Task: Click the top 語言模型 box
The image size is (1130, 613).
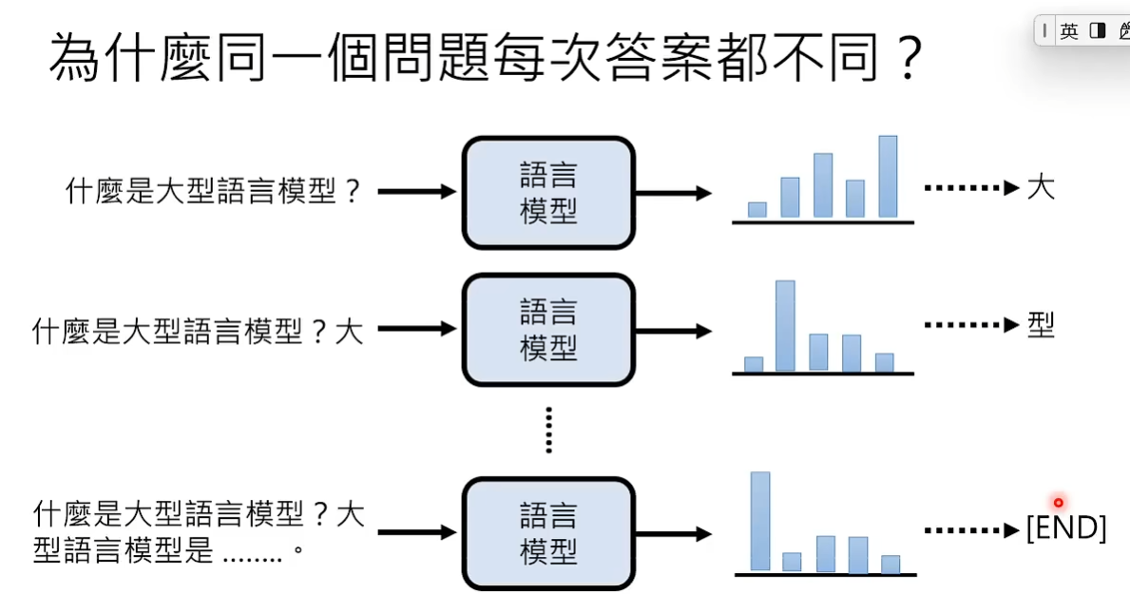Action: click(x=548, y=193)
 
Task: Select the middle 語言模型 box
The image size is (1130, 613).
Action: click(x=548, y=330)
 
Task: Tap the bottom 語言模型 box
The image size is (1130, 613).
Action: click(x=548, y=533)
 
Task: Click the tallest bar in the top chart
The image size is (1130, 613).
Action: click(x=888, y=177)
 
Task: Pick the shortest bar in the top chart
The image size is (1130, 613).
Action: click(x=757, y=209)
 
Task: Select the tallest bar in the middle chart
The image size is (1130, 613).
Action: click(x=785, y=325)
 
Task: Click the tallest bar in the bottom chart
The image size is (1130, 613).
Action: click(x=760, y=521)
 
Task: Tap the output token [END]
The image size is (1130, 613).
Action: click(x=1066, y=528)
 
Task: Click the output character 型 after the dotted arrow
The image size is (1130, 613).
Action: click(x=1041, y=326)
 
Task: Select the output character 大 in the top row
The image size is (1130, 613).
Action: click(x=1041, y=188)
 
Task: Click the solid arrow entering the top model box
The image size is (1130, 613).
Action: click(x=417, y=192)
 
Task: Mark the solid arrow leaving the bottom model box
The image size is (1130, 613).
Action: click(x=673, y=533)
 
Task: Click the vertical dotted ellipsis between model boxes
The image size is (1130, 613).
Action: click(x=548, y=430)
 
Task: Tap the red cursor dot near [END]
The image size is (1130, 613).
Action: click(x=1058, y=502)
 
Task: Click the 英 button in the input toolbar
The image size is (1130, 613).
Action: click(x=1069, y=31)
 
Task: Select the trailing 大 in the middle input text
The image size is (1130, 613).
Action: click(x=349, y=332)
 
